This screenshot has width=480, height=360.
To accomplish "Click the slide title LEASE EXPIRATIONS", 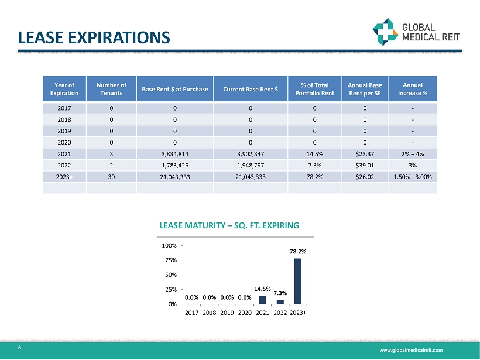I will (94, 37).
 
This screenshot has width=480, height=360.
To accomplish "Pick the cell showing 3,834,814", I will (175, 153).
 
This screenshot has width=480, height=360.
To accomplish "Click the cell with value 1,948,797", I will (250, 164).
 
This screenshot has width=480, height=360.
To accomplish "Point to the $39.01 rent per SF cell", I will (365, 164).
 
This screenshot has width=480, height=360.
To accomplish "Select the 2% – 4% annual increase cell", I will (413, 153).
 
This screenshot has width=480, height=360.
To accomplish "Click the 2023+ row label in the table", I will (64, 176).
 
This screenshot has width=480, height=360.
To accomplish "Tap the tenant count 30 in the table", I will (111, 176).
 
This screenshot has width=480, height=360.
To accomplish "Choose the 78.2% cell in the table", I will (314, 176).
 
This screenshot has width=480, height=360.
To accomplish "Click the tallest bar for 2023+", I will (298, 281).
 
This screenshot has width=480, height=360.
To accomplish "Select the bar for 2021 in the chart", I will (262, 300).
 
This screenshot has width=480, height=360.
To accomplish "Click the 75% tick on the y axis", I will (172, 260).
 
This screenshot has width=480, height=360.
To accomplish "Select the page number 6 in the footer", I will (20, 348).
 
